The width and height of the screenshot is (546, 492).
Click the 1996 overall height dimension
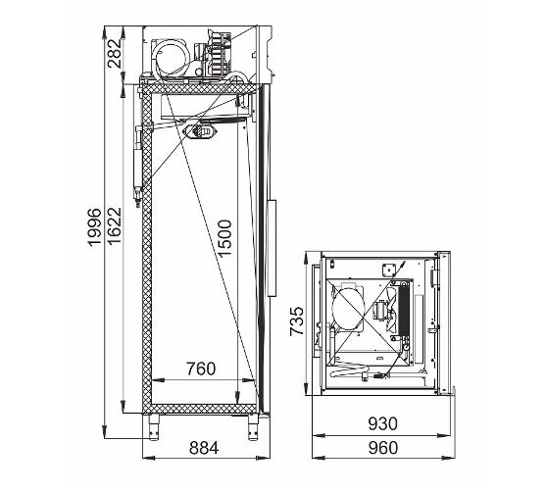point(94,227)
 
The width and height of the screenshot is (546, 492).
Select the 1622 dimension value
point(115,225)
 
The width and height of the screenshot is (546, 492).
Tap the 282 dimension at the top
point(115,53)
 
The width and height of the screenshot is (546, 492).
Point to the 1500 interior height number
point(224,238)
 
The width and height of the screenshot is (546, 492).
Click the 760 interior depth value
point(201,369)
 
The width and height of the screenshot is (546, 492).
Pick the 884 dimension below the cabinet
point(204,448)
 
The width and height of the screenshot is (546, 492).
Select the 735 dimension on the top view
point(297,321)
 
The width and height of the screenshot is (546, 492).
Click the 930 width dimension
point(382,423)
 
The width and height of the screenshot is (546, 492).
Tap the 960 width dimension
point(382,448)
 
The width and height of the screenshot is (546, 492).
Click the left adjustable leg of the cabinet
point(154,427)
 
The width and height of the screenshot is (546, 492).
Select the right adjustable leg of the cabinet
point(253,427)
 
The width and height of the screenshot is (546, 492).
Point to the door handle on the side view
point(272,248)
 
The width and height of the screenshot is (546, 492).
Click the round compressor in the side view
point(172,57)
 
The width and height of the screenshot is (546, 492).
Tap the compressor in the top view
point(349,307)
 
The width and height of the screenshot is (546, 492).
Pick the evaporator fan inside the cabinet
point(201,131)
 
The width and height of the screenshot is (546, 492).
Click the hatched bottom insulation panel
point(200,409)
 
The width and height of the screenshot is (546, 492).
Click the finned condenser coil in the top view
point(404,309)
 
